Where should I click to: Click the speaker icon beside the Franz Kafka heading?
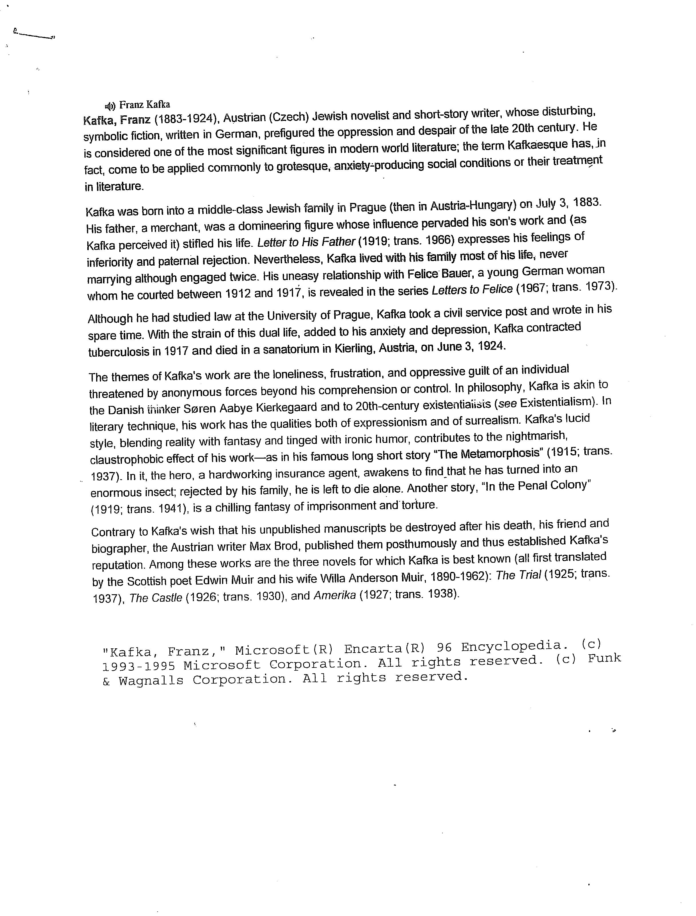click(x=110, y=106)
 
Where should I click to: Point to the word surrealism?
click(x=488, y=421)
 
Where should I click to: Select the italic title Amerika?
click(x=335, y=595)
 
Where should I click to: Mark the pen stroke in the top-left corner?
click(x=34, y=34)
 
